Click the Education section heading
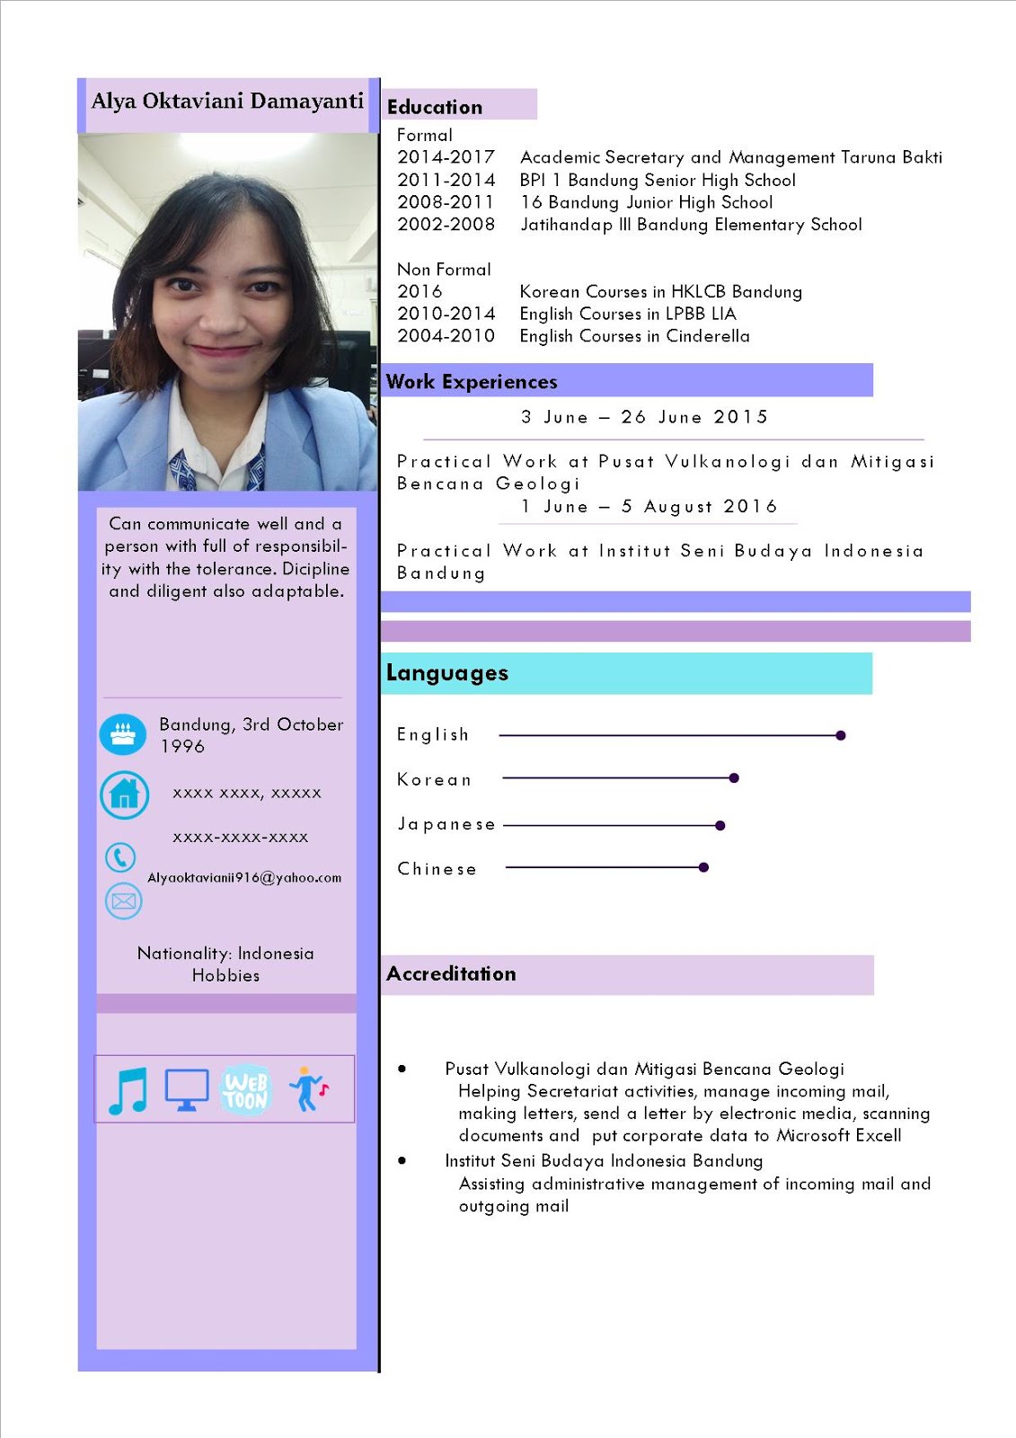click(x=435, y=107)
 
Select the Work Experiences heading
click(x=472, y=382)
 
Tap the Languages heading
click(x=447, y=673)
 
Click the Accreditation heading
click(x=451, y=974)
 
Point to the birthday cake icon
click(x=123, y=735)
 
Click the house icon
click(x=124, y=794)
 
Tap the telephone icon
click(x=120, y=857)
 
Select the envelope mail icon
click(x=124, y=901)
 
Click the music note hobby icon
click(x=128, y=1090)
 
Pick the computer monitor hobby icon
click(x=187, y=1090)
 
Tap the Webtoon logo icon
click(x=245, y=1091)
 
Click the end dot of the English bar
click(x=841, y=735)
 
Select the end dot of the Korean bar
click(x=734, y=778)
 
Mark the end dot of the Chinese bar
click(x=703, y=867)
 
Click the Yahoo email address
click(x=244, y=878)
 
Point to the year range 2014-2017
click(x=446, y=157)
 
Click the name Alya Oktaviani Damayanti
click(x=227, y=101)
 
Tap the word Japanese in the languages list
click(x=446, y=824)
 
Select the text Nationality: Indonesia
click(x=225, y=954)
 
